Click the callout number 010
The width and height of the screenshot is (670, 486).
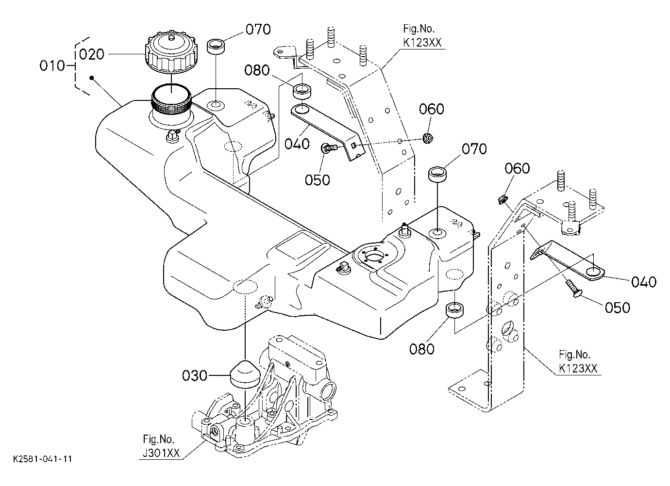tap(52, 65)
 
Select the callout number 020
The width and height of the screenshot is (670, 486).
tap(92, 54)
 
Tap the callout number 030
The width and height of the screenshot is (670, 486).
tap(195, 376)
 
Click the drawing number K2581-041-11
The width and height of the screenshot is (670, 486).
tap(42, 459)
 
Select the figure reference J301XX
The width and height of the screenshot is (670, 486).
tap(161, 453)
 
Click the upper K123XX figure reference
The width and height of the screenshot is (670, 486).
tap(422, 43)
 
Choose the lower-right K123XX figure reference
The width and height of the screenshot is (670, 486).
tap(578, 368)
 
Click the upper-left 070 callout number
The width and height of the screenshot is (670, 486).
tap(258, 30)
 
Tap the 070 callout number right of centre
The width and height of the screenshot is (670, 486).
tap(474, 149)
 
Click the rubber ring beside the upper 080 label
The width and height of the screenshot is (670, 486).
tap(302, 92)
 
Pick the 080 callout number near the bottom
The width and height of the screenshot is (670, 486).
tap(422, 349)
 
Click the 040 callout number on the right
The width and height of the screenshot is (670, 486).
tap(644, 282)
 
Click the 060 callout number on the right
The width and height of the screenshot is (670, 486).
tap(517, 169)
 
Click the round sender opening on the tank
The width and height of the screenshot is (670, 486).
tap(373, 257)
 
